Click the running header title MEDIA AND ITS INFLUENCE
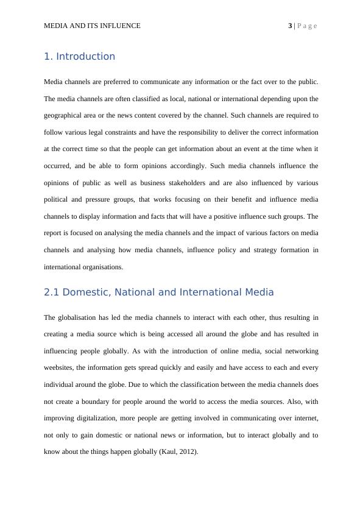pyautogui.click(x=92, y=26)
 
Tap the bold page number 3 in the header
pyautogui.click(x=290, y=26)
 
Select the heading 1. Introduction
pyautogui.click(x=79, y=57)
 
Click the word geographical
pyautogui.click(x=63, y=115)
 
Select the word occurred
pyautogui.click(x=59, y=166)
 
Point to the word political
pyautogui.click(x=58, y=199)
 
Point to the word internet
pyautogui.click(x=304, y=419)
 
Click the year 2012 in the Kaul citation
pyautogui.click(x=188, y=452)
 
